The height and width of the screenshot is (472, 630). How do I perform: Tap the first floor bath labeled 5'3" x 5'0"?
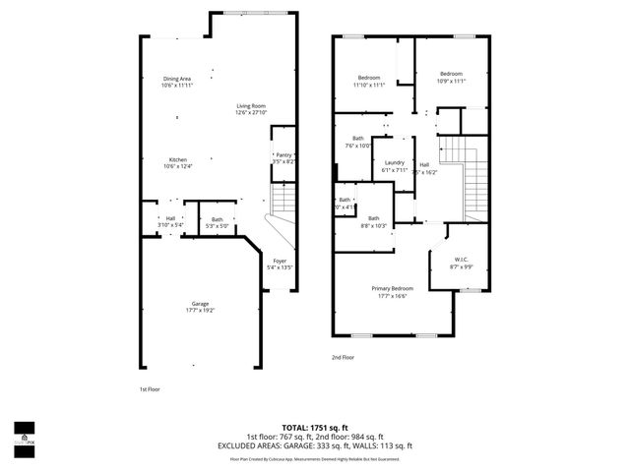pos(217,222)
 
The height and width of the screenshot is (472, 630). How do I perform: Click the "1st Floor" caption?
pos(150,389)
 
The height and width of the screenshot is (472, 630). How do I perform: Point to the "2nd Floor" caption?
pos(342,358)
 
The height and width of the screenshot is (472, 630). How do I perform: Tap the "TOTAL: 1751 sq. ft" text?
pos(315,428)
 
